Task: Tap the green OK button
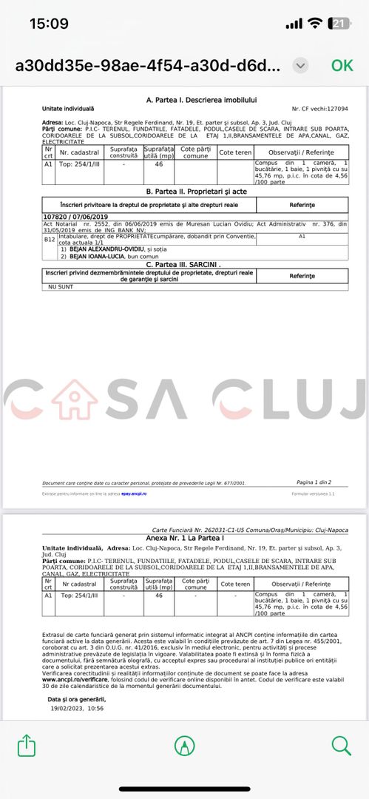click(342, 65)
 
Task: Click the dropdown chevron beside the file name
click(300, 65)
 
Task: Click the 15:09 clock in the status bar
click(49, 24)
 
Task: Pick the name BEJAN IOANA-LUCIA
click(98, 256)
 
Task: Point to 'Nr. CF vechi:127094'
click(319, 109)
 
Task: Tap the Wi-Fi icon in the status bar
click(315, 24)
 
